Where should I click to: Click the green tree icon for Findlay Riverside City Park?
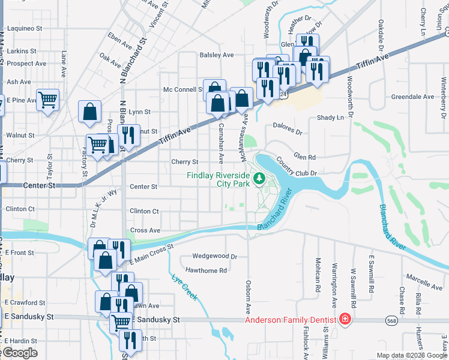coord(259,178)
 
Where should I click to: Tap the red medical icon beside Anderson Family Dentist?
coord(345,319)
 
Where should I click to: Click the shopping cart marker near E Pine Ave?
coord(47,100)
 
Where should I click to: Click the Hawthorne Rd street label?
coord(206,271)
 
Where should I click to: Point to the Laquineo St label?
coord(25,28)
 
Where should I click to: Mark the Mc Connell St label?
coord(183,89)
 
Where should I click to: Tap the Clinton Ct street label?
coord(144,211)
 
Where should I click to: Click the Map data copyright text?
coord(411,355)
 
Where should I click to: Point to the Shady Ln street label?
coord(331,118)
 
